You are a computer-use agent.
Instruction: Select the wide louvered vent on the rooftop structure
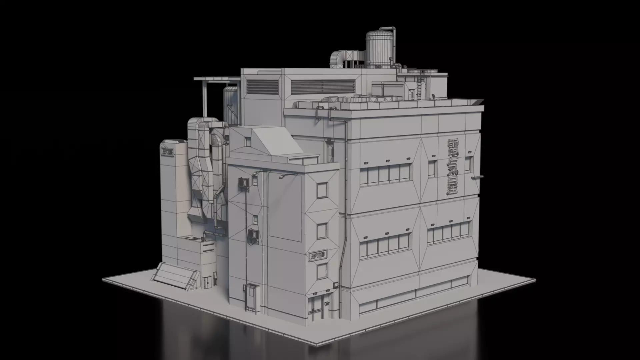click(322, 86)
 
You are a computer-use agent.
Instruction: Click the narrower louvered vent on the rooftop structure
click(262, 87)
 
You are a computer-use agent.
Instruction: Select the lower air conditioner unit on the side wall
click(252, 235)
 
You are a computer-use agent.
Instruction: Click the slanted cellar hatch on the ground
click(176, 276)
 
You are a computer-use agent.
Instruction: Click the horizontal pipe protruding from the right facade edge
click(477, 177)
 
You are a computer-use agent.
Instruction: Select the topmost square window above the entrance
click(322, 190)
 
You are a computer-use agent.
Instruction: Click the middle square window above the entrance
click(322, 231)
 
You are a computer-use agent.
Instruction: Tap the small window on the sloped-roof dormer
click(248, 142)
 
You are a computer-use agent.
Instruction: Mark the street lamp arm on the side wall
click(287, 175)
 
